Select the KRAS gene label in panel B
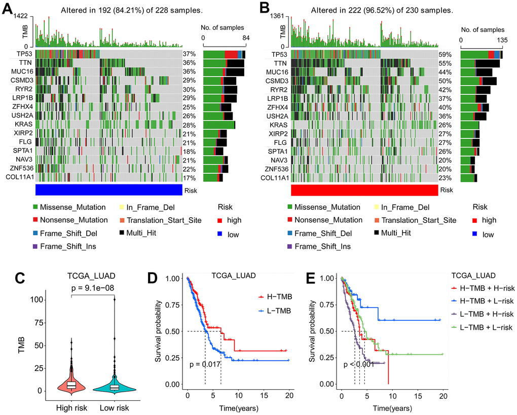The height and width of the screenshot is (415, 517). click(x=279, y=125)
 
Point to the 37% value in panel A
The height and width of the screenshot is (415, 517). click(x=189, y=54)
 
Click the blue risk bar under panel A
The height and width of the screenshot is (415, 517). click(x=109, y=190)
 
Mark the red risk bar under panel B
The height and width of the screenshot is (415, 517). click(x=364, y=190)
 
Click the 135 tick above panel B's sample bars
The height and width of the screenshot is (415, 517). click(x=503, y=39)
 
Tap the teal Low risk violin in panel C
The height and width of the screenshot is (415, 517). click(x=115, y=385)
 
